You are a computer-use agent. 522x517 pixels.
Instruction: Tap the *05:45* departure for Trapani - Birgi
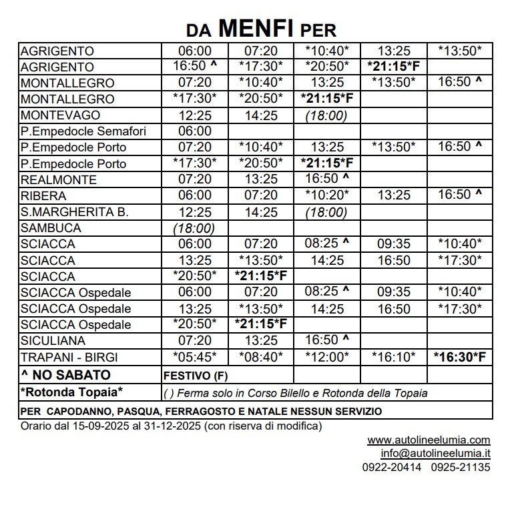click(194, 358)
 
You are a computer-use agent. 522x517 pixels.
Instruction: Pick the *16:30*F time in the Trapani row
click(459, 358)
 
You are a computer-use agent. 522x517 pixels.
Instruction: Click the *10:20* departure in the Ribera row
click(327, 196)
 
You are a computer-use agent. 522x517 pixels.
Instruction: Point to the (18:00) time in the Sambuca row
click(194, 228)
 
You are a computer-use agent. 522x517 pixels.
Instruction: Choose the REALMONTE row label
click(59, 180)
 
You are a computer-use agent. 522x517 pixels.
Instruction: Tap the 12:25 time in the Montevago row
click(194, 115)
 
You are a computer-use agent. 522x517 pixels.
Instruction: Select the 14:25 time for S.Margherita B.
click(260, 212)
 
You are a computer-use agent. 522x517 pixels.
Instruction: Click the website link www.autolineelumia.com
click(429, 440)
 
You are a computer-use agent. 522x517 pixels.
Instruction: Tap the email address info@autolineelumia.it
click(435, 454)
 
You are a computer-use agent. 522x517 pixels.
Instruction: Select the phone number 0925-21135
click(461, 468)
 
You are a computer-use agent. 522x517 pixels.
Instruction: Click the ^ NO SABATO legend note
click(65, 375)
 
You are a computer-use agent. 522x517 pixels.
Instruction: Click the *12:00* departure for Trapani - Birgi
click(327, 358)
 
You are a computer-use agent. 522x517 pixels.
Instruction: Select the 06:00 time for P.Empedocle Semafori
click(194, 131)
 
